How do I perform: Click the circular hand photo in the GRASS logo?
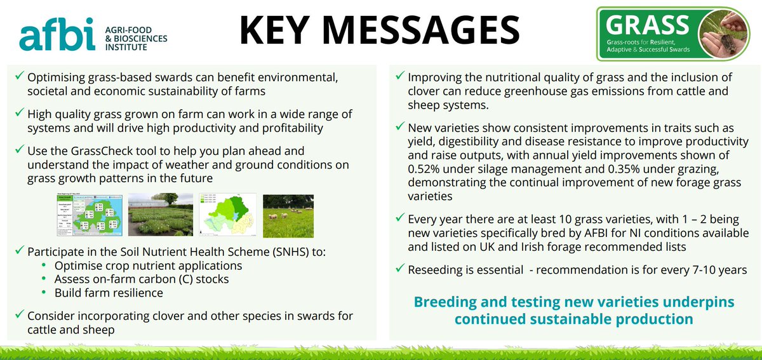tap(723, 35)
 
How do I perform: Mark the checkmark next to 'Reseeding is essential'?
tap(399, 269)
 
